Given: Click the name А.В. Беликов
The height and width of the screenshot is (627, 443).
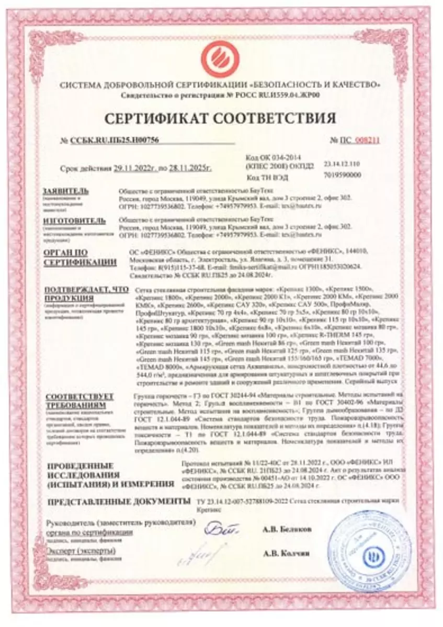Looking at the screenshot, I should [x=288, y=529].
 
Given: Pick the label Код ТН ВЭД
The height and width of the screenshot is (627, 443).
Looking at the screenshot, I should [x=265, y=178].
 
